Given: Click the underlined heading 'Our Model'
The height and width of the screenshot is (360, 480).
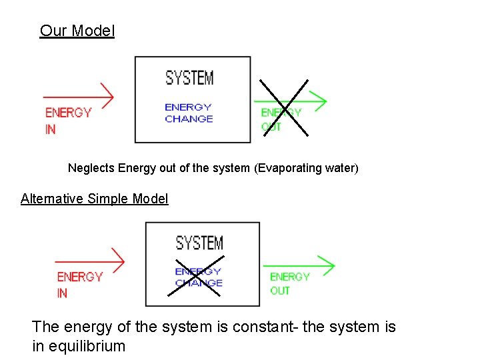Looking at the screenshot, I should click(x=77, y=31).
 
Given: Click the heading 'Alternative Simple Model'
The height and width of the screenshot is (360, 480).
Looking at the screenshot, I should click(x=94, y=199).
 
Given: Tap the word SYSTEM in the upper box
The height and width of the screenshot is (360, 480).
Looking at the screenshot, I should click(x=189, y=78).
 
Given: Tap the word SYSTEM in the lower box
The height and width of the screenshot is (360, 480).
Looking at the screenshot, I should click(x=199, y=243).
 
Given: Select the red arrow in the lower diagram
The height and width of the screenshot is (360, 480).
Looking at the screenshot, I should click(x=89, y=261).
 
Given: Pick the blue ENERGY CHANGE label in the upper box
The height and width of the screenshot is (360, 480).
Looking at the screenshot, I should click(x=189, y=113).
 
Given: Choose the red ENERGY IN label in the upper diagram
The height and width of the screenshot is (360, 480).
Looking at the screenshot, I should click(x=67, y=120).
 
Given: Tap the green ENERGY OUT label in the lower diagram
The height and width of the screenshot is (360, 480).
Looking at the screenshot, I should click(x=289, y=283).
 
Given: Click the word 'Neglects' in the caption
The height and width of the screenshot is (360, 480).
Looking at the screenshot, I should click(x=91, y=168).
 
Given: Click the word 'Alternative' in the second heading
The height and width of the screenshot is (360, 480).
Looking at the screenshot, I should click(x=53, y=199).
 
